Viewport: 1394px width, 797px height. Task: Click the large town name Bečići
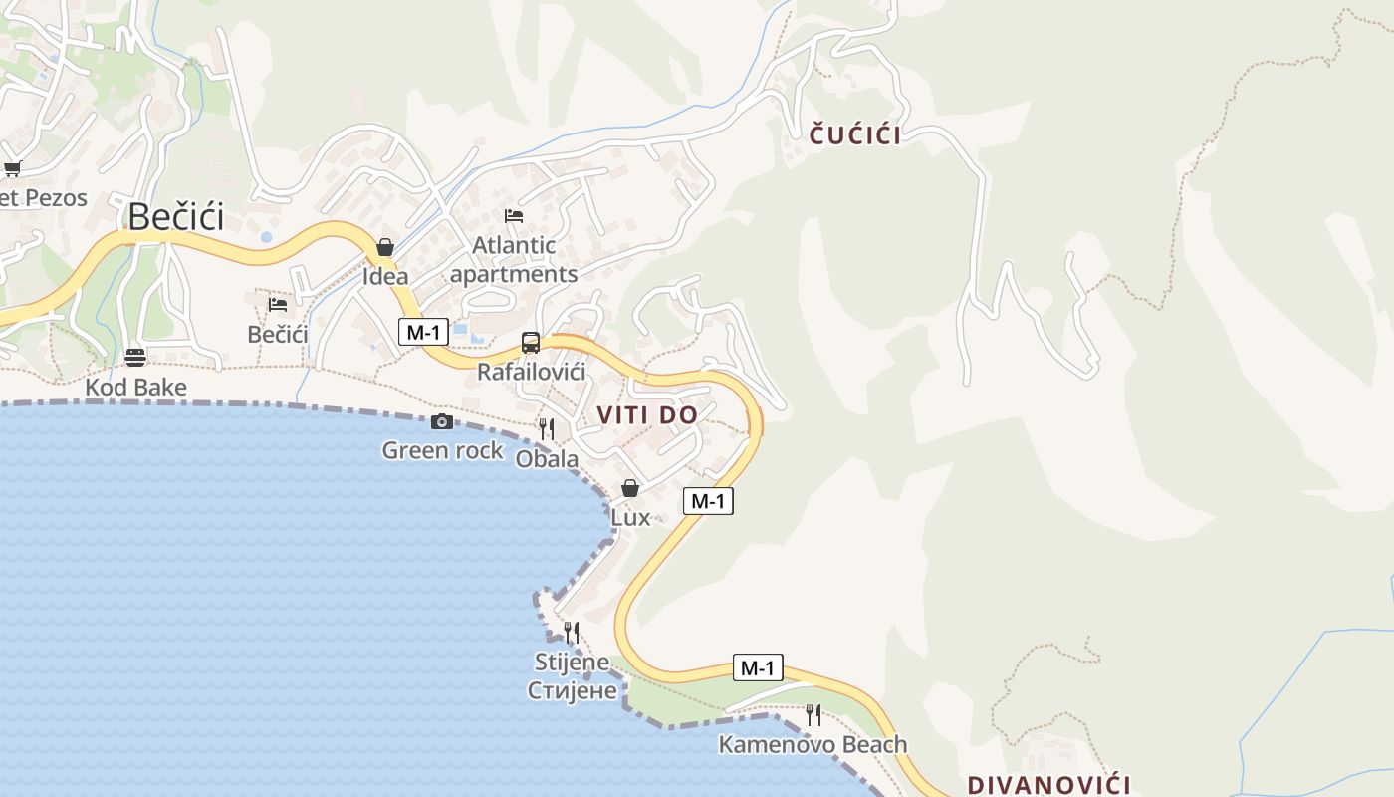[x=176, y=216]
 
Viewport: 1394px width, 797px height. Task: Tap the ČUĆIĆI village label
[x=855, y=135]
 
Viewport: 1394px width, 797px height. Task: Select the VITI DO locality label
[x=647, y=415]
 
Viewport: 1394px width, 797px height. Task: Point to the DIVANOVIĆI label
[x=1049, y=784]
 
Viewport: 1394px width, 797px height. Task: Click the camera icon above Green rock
[x=442, y=422]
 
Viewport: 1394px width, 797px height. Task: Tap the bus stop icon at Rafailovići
[x=531, y=343]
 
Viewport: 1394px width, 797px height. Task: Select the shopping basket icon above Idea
[x=385, y=247]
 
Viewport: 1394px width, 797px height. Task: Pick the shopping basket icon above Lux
[x=630, y=488]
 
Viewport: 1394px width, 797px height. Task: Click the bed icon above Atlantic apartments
[x=514, y=215]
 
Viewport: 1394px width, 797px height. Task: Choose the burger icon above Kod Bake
[x=135, y=357]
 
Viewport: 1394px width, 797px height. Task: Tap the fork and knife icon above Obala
[x=547, y=429]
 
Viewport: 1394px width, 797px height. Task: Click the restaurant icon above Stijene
[x=572, y=633]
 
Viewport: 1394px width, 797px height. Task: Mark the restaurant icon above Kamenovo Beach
[x=813, y=715]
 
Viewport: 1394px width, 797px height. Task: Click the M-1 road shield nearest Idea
[x=423, y=332]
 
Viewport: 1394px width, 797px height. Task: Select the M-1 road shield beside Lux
[x=708, y=501]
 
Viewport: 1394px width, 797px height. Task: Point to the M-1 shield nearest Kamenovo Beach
[x=758, y=667]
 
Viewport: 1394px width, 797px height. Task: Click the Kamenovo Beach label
[x=813, y=744]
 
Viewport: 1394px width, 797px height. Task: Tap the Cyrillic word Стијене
[x=573, y=690]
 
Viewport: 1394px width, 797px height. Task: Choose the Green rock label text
[x=443, y=451]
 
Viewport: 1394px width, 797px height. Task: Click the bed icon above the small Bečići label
[x=278, y=304]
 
